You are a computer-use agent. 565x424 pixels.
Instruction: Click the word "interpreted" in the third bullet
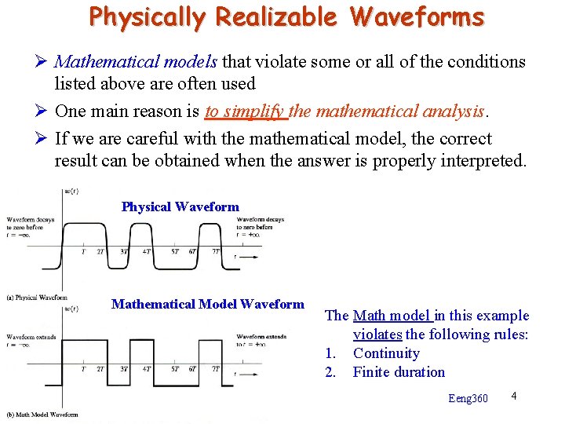click(x=483, y=161)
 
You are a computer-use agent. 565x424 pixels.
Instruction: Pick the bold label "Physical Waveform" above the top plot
click(x=180, y=207)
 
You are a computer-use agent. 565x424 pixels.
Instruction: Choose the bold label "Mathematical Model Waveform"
click(x=207, y=304)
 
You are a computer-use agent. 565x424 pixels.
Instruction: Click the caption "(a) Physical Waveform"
click(x=36, y=298)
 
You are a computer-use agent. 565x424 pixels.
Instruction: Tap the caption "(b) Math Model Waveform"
click(x=42, y=415)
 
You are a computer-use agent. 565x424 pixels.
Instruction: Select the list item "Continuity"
click(x=386, y=353)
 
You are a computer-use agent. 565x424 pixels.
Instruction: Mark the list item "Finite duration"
click(x=399, y=372)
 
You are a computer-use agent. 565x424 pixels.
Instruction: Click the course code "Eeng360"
click(x=468, y=399)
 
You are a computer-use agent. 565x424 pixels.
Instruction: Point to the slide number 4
click(x=513, y=395)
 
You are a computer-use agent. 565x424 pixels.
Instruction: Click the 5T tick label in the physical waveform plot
click(x=175, y=252)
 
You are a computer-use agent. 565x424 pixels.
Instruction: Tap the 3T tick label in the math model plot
click(x=124, y=368)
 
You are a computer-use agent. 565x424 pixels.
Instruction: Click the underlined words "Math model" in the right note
click(x=392, y=316)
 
